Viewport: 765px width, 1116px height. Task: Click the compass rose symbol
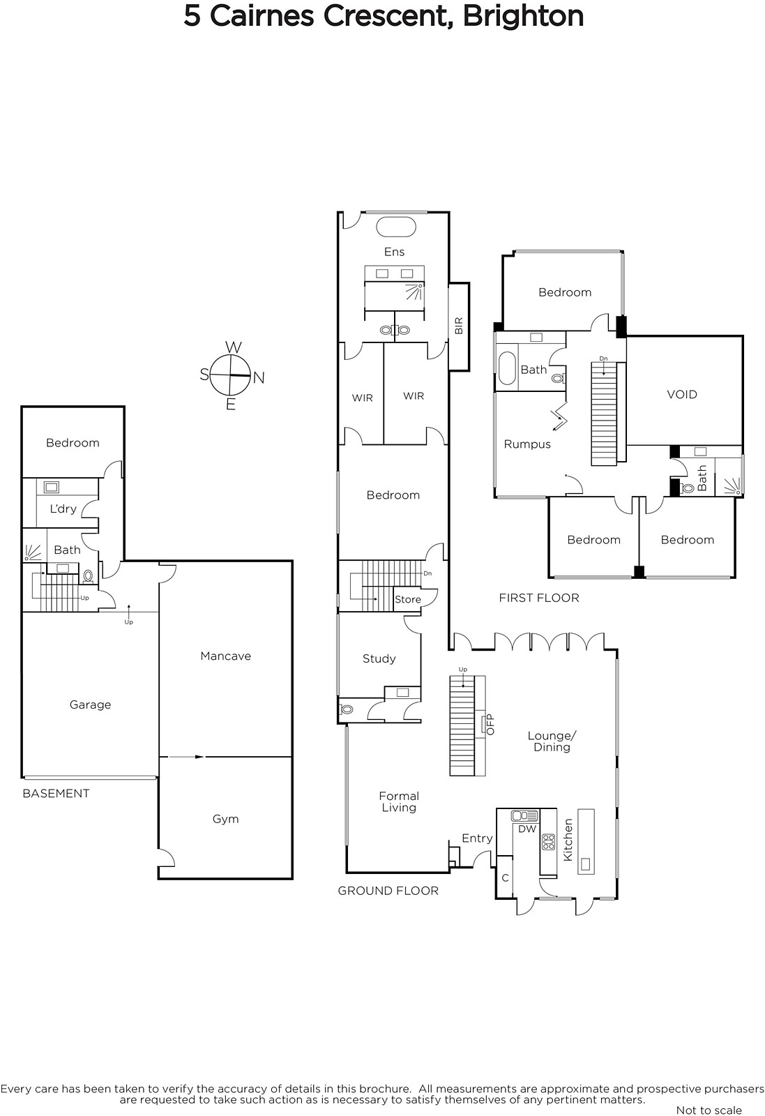coord(230,376)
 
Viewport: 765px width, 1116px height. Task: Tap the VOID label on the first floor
coord(682,395)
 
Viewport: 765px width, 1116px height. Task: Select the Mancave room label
coord(226,656)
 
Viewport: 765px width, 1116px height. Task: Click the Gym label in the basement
coord(226,819)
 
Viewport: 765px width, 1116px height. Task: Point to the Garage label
coord(90,704)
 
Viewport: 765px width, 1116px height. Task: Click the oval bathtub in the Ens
coord(396,227)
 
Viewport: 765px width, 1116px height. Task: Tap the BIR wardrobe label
coord(459,326)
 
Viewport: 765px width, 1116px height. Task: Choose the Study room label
coord(379,658)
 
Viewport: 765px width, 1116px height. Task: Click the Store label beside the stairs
coord(408,599)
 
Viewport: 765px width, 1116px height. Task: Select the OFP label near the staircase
coord(490,725)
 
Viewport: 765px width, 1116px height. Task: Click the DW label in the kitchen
coord(527,829)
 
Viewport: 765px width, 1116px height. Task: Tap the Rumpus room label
coord(527,444)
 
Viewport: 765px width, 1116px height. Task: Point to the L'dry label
coord(63,508)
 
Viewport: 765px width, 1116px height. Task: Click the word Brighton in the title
coord(524,17)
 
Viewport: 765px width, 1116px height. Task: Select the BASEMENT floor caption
coord(56,794)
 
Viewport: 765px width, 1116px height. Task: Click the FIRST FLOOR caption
coord(539,598)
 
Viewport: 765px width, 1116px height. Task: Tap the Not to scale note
coord(709,1110)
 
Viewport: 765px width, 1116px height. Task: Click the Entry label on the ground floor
coord(477,838)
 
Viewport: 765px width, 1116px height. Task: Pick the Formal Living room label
coord(399,801)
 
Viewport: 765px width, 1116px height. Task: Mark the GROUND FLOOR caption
coord(388,891)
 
